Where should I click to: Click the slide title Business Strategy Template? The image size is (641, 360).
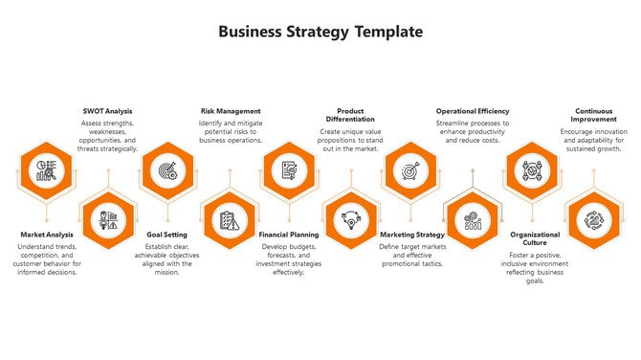(x=320, y=32)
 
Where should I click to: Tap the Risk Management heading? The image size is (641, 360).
(x=230, y=111)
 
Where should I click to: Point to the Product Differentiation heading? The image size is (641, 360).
(x=350, y=116)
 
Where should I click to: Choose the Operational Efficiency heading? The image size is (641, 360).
(x=473, y=111)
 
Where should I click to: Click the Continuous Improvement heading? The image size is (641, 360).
(x=593, y=116)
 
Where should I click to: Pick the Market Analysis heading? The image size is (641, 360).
(x=47, y=235)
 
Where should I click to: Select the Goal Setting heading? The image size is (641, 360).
(x=167, y=235)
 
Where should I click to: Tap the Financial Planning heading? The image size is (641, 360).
(x=289, y=235)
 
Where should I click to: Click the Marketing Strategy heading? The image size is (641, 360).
(x=412, y=235)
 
